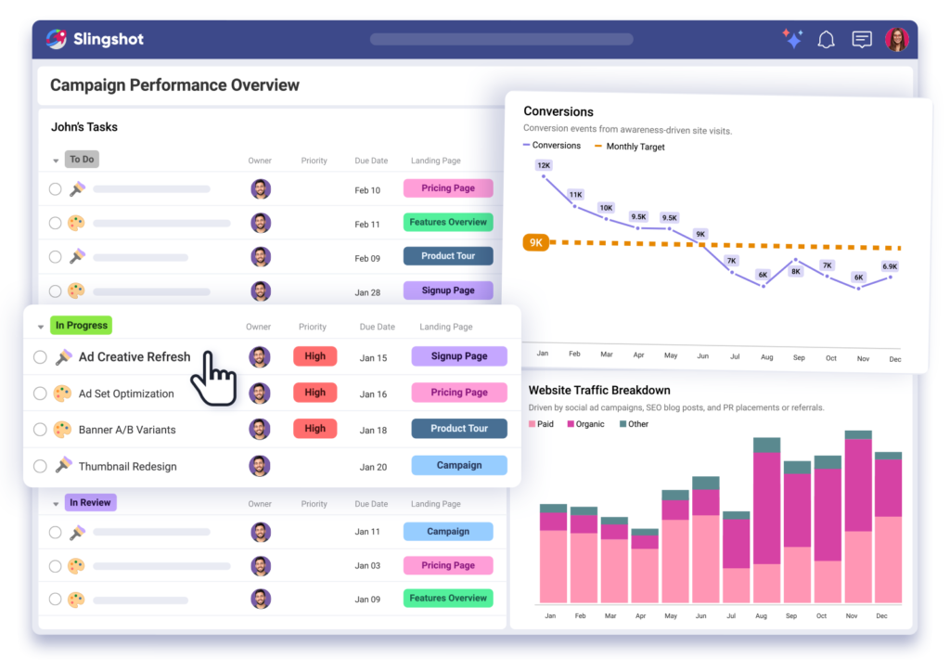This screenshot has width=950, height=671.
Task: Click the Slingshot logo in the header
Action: [x=95, y=39]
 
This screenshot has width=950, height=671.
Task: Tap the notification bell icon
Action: [x=826, y=39]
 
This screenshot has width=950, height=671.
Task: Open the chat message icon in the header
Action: [x=862, y=39]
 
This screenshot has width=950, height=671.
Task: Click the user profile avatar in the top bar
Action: [x=897, y=39]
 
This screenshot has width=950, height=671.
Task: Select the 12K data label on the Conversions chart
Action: [x=544, y=165]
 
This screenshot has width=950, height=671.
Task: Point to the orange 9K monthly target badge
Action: [x=535, y=243]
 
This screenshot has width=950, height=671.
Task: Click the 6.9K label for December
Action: [x=890, y=266]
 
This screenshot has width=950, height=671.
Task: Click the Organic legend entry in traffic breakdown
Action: [x=584, y=424]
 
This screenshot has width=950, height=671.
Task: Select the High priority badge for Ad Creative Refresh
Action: [x=315, y=356]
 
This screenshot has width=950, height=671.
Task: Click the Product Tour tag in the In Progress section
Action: [x=458, y=429]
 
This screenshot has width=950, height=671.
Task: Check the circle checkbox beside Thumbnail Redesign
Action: [x=40, y=466]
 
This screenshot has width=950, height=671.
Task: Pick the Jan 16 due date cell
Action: [x=373, y=394]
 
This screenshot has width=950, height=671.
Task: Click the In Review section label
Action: [x=90, y=503]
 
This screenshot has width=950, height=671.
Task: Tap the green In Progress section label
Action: [x=82, y=326]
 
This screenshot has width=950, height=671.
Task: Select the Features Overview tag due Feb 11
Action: [x=448, y=223]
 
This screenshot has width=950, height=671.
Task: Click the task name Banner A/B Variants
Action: [x=127, y=430]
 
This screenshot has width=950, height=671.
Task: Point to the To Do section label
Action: [x=82, y=160]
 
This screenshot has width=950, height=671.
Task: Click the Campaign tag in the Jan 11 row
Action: [x=448, y=532]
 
